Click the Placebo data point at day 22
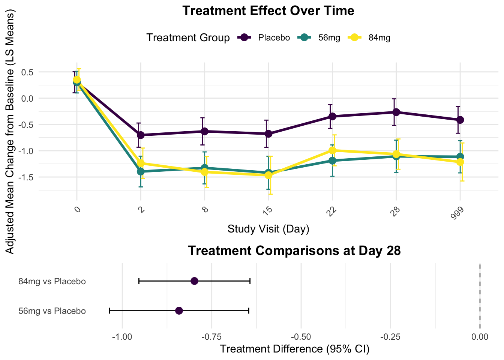point(332,116)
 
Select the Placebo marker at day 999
point(460,120)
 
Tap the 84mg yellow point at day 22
point(332,150)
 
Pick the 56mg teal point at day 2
point(141,171)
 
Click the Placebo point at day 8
point(205,131)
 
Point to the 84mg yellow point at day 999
point(460,162)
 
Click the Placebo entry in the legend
point(264,37)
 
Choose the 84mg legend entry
point(370,37)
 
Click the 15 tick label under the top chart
point(267,211)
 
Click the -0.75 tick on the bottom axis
point(211,337)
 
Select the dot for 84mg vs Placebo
point(194,281)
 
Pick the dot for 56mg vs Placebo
point(179,311)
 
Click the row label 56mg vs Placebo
point(52,311)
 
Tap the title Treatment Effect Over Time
point(268,10)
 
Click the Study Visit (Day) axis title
point(268,229)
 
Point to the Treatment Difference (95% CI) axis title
point(294,349)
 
